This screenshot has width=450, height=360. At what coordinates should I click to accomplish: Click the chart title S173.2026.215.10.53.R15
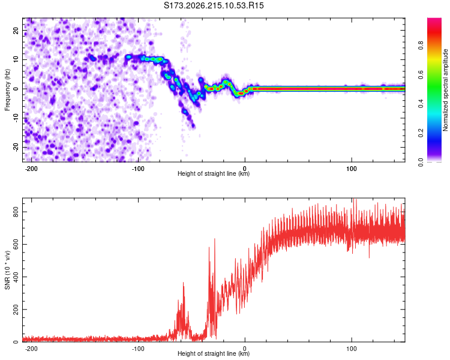[x=214, y=5]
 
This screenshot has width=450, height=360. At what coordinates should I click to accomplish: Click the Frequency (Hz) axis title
[x=7, y=90]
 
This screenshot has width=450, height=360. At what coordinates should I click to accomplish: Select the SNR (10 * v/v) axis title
[x=7, y=270]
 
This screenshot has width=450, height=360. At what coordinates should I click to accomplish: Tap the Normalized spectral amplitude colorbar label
[x=445, y=90]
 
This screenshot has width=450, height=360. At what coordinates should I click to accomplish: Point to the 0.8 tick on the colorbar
[x=421, y=46]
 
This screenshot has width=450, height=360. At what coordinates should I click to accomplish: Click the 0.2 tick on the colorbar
[x=421, y=133]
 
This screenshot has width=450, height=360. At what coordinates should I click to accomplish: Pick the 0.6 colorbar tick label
[x=421, y=74]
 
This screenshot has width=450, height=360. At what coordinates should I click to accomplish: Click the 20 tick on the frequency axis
[x=16, y=31]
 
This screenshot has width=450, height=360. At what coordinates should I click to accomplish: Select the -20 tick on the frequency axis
[x=16, y=147]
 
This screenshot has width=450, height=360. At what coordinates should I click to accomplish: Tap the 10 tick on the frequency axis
[x=16, y=59]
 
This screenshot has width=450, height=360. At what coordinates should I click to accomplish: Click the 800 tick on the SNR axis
[x=16, y=212]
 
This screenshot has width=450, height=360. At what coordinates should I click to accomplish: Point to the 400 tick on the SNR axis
[x=16, y=277]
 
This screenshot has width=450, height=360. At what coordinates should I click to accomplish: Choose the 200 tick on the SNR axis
[x=16, y=310]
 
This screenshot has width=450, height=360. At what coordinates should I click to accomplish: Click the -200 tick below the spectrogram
[x=31, y=169]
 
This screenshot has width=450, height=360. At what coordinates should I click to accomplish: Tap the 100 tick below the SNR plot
[x=351, y=349]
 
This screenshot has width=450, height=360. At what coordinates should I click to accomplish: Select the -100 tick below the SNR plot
[x=138, y=349]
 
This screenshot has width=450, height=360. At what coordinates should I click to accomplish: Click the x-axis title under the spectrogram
[x=214, y=173]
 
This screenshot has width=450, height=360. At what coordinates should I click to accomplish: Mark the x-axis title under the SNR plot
[x=214, y=353]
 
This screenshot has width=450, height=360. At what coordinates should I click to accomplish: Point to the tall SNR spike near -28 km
[x=214, y=239]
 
